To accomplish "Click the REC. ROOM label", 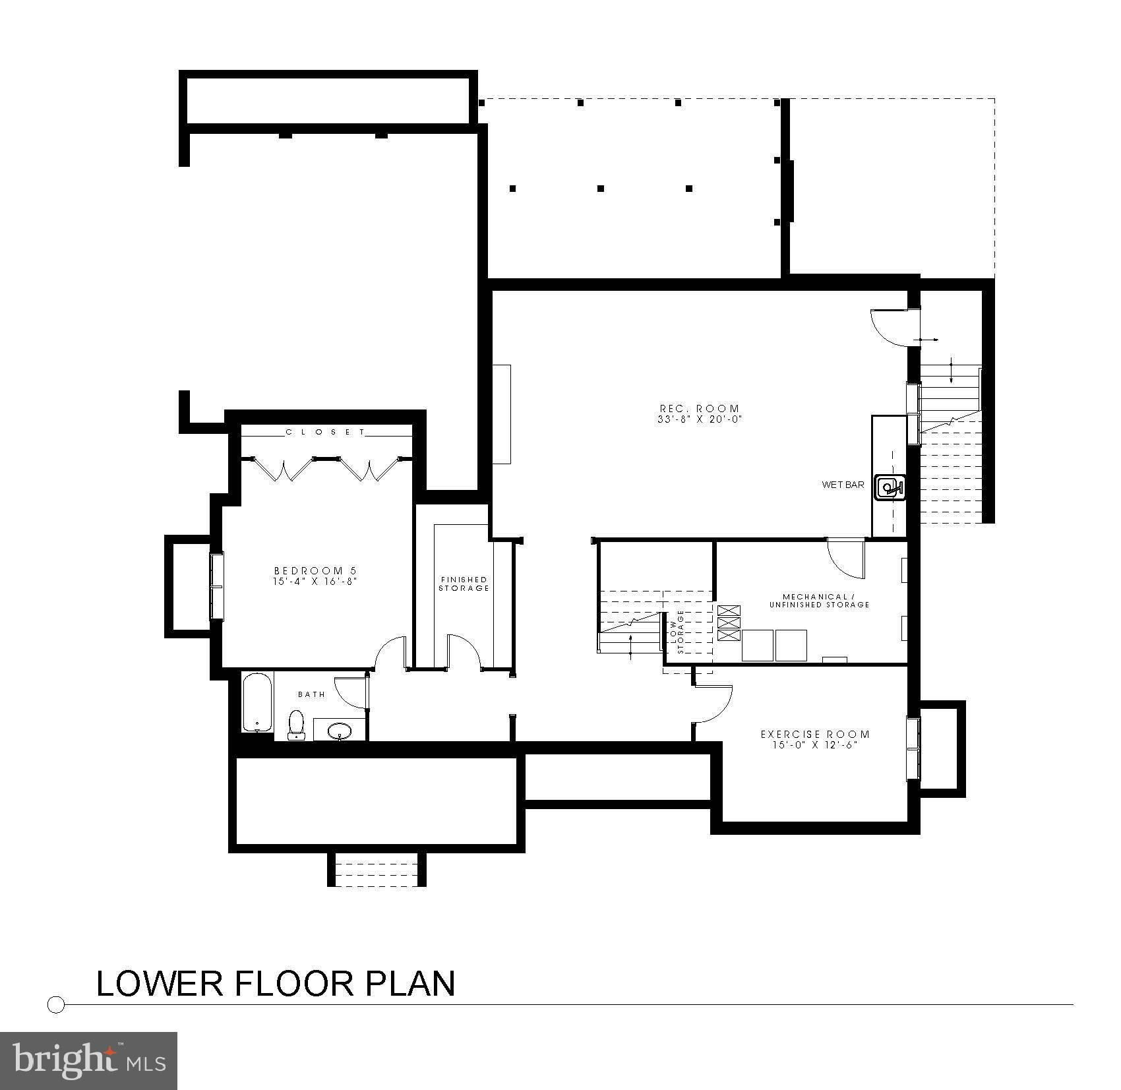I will (700, 409).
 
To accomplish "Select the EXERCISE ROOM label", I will (815, 734).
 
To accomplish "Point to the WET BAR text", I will (843, 485).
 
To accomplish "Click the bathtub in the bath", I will (257, 702).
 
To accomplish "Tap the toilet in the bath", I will (297, 723).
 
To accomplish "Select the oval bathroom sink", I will (340, 730).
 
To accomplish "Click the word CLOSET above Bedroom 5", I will (325, 432).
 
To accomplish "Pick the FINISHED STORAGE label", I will (464, 584).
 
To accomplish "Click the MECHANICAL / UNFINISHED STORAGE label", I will (819, 600).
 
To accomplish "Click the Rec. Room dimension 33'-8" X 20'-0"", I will (700, 419).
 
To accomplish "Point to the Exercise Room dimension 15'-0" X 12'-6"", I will (815, 745).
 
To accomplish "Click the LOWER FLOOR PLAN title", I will (276, 983).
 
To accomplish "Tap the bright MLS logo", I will (89, 1060).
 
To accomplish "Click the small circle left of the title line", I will (57, 1004).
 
